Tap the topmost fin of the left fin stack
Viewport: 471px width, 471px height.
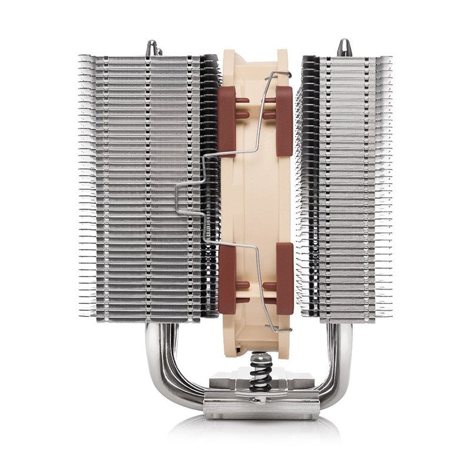[141, 58]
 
